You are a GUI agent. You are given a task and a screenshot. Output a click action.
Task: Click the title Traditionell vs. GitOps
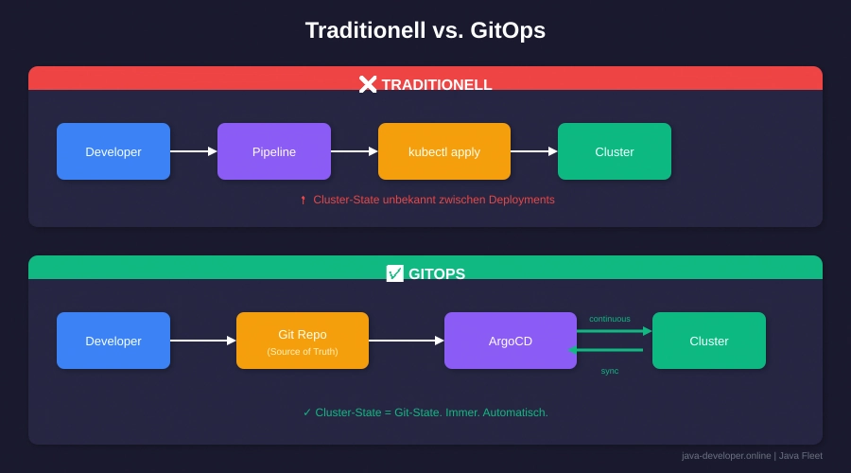(425, 30)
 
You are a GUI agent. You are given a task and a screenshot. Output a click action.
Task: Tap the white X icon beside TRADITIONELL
(368, 84)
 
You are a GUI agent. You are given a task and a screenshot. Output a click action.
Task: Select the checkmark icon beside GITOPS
(395, 273)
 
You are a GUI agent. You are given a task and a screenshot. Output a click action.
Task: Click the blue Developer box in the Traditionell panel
(113, 151)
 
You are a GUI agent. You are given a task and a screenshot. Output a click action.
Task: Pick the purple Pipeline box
(274, 151)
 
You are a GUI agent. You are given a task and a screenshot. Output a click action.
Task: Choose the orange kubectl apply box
(444, 151)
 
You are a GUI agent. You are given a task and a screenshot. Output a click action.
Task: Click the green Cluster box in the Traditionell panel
(615, 151)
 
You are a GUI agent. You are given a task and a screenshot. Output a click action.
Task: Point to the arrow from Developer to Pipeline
(194, 151)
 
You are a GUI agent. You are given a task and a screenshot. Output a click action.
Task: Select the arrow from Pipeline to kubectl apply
(355, 151)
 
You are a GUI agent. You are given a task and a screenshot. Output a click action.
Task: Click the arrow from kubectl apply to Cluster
(534, 151)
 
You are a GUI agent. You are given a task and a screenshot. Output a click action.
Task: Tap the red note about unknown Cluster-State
(427, 200)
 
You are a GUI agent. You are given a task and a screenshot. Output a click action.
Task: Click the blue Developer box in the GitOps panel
(113, 341)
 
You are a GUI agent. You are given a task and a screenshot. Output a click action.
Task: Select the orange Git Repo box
(303, 341)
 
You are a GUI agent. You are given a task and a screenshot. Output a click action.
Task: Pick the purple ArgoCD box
(511, 341)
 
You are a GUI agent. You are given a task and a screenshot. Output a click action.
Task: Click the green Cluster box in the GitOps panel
(709, 341)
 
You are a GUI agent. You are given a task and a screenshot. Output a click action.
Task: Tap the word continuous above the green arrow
(610, 319)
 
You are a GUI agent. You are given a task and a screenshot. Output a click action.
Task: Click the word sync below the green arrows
(610, 371)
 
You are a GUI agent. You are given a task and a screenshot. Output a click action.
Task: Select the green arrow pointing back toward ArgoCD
(606, 350)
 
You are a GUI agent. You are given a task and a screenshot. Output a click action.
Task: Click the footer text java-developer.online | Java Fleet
(752, 456)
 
